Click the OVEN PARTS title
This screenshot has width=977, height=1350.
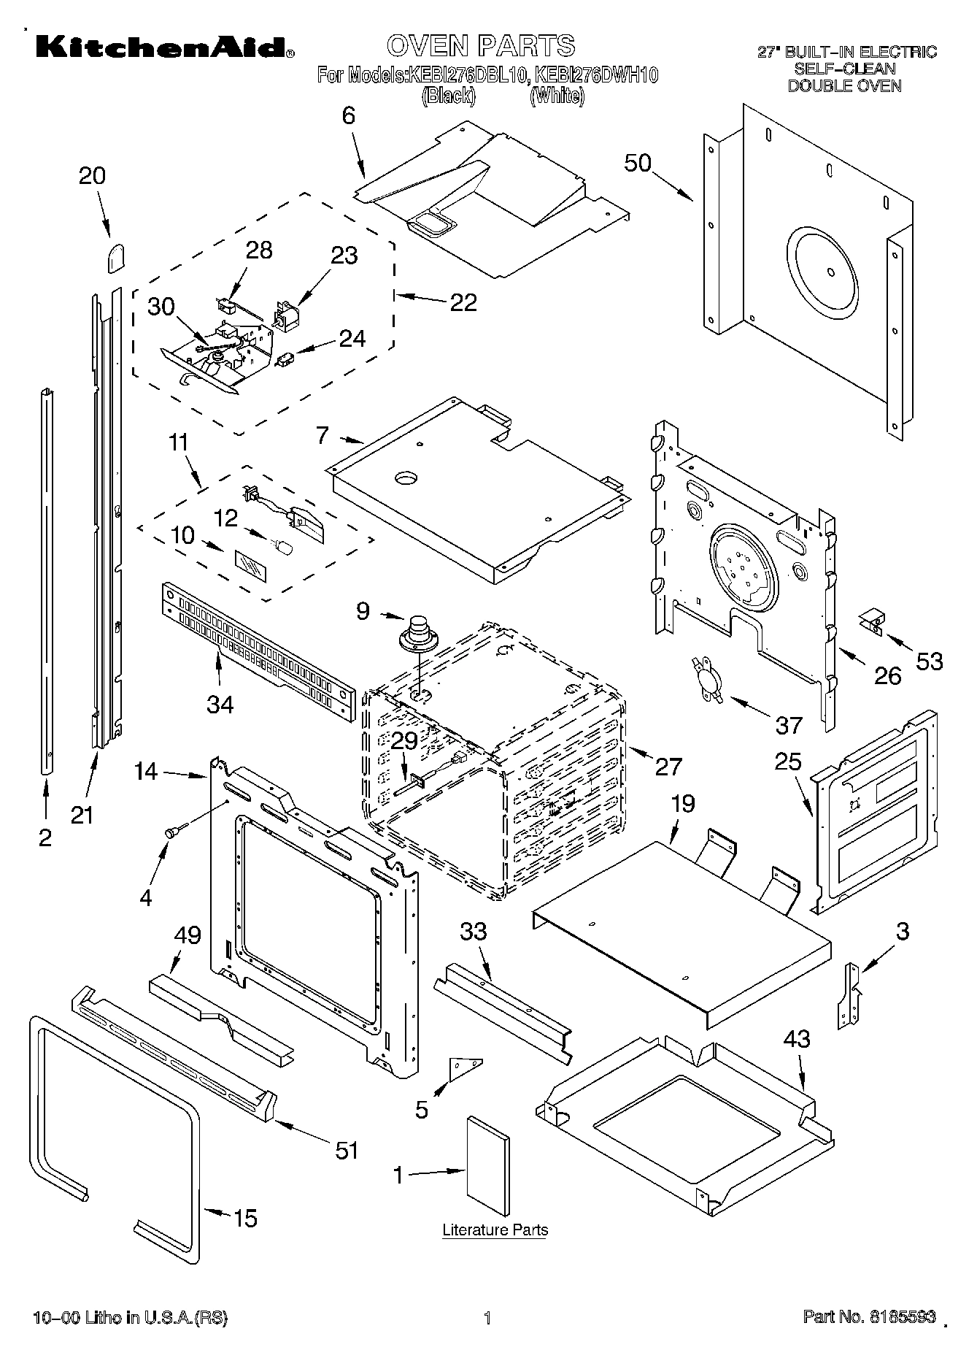click(x=480, y=45)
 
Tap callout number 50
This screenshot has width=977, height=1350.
click(x=638, y=162)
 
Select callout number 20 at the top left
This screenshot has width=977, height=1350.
click(x=92, y=175)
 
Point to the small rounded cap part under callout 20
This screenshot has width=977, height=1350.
click(x=116, y=258)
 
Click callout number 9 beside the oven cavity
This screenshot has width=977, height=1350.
click(x=363, y=610)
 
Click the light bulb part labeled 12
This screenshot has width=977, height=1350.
click(x=282, y=545)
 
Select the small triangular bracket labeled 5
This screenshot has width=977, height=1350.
click(x=464, y=1068)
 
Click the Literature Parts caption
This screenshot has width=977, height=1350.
click(x=495, y=1230)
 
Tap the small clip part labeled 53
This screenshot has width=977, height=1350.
click(x=870, y=621)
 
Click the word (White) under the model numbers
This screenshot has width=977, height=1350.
click(x=557, y=96)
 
